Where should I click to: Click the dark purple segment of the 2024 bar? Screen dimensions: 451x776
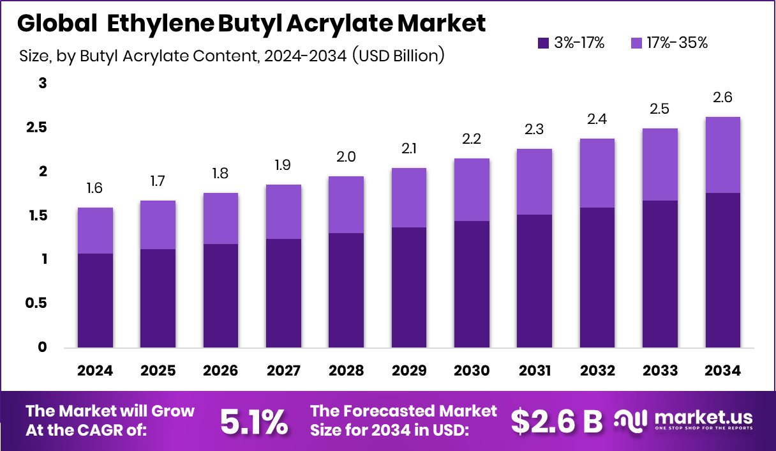point(95,300)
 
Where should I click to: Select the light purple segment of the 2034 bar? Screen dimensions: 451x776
point(722,155)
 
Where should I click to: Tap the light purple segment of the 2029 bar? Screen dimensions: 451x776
point(408,197)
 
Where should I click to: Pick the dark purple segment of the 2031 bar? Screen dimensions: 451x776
point(534,281)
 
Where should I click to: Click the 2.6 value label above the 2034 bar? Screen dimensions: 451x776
point(722,98)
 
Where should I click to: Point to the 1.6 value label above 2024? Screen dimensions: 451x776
point(95,188)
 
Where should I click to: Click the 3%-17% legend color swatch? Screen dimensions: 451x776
point(544,43)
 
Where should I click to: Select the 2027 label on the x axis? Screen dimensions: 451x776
point(283,371)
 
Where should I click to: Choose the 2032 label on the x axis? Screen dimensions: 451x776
point(597,371)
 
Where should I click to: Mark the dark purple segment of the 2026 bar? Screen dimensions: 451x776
point(221,296)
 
